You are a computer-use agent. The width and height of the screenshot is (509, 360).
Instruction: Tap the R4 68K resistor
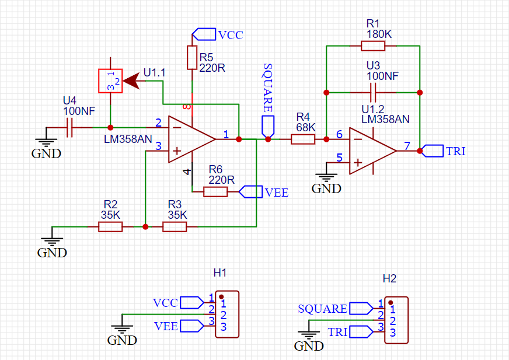pos(303,139)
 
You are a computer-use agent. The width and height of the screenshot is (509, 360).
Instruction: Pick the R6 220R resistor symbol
pos(215,191)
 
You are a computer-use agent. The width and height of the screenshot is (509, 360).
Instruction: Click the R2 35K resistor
pos(110,226)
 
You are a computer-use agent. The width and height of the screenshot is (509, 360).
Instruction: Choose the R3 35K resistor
pos(175,226)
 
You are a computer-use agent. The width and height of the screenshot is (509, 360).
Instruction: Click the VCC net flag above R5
pos(204,34)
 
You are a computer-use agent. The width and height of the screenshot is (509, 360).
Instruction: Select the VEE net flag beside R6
pos(251,191)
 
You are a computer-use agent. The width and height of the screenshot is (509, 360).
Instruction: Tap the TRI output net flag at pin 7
pos(433,151)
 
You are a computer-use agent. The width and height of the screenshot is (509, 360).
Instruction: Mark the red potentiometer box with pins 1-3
pos(110,81)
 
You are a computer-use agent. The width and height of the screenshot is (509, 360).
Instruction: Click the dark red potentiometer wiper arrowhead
pos(133,81)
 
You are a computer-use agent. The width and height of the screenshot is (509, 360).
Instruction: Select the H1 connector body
pos(227,314)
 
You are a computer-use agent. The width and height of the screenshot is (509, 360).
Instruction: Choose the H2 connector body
pos(396,320)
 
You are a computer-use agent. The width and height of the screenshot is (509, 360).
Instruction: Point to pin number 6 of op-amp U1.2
pos(340,134)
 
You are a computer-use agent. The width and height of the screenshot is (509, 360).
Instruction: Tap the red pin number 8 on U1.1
pos(187,107)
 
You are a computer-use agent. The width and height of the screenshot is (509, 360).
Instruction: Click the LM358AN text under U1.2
pos(385,119)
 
